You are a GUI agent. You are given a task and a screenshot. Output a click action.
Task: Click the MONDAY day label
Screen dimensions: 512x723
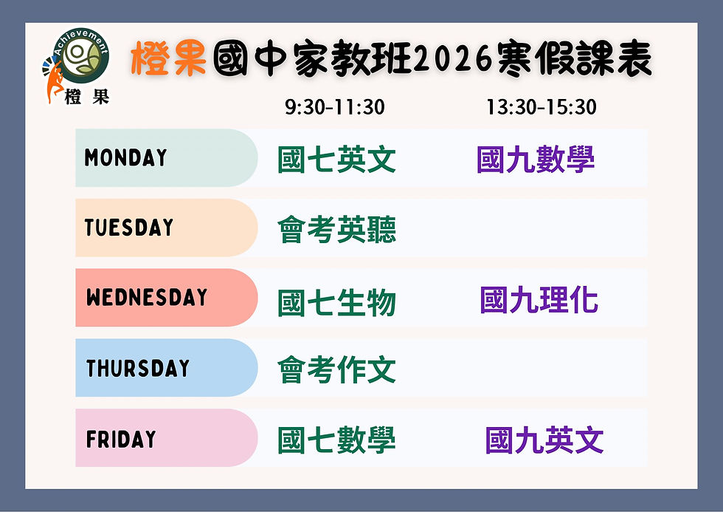tap(126, 157)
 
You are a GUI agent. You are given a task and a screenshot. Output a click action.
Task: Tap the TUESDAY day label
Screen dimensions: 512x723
tap(129, 228)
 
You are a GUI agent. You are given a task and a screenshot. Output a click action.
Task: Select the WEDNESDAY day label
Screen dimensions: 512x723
tap(147, 298)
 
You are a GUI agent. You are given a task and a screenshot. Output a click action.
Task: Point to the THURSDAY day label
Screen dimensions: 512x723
tap(138, 368)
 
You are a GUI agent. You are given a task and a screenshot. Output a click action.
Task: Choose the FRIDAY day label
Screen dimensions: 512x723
tap(121, 439)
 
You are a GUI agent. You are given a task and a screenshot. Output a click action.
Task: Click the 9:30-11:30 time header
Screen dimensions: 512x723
tap(335, 108)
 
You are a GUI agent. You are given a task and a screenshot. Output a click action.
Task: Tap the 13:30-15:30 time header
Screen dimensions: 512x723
tap(541, 108)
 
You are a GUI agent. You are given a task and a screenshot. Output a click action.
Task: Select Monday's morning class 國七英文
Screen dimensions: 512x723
tap(336, 160)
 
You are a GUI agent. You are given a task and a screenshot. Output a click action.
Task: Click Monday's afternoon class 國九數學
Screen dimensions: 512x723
tap(536, 160)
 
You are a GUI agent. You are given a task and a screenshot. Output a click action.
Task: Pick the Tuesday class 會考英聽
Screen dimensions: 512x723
tap(336, 230)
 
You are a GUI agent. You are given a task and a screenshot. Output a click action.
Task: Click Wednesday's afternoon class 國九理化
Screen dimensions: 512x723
tap(539, 299)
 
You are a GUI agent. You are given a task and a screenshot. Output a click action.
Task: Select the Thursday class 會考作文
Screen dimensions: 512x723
tap(336, 369)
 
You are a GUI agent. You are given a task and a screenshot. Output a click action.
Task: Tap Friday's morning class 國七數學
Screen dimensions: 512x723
tap(336, 440)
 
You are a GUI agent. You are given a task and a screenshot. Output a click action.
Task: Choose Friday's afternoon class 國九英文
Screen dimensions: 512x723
tap(544, 440)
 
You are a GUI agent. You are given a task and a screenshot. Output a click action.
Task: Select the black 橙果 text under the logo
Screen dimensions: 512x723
tap(87, 98)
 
